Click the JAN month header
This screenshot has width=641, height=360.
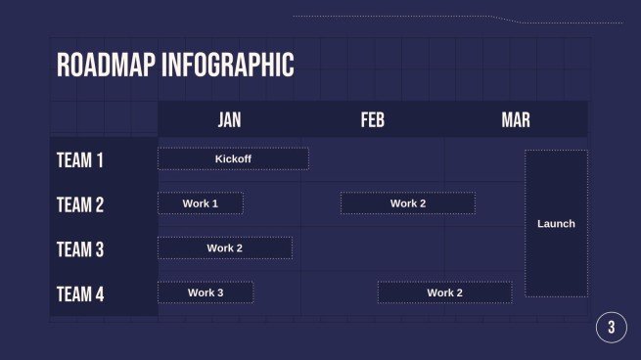[x=229, y=119]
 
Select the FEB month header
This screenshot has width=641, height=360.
[x=373, y=119]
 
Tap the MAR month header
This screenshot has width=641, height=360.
[x=516, y=119]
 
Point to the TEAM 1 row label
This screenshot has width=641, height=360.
[x=80, y=160]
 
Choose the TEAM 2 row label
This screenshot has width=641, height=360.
[x=80, y=204]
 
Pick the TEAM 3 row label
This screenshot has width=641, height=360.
[x=80, y=249]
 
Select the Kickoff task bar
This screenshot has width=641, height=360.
[x=233, y=158]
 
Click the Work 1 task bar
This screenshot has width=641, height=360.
[x=201, y=203]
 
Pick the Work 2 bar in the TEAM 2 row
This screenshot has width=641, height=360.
[x=408, y=203]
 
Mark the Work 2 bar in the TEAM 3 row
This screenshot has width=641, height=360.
[x=225, y=248]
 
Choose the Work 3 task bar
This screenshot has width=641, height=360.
[x=206, y=292]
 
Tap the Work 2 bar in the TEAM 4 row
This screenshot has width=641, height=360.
[x=444, y=292]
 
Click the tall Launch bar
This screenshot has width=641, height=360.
[x=556, y=223]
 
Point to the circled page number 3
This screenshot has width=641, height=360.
[x=611, y=328]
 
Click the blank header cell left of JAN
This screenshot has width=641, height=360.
[x=104, y=119]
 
